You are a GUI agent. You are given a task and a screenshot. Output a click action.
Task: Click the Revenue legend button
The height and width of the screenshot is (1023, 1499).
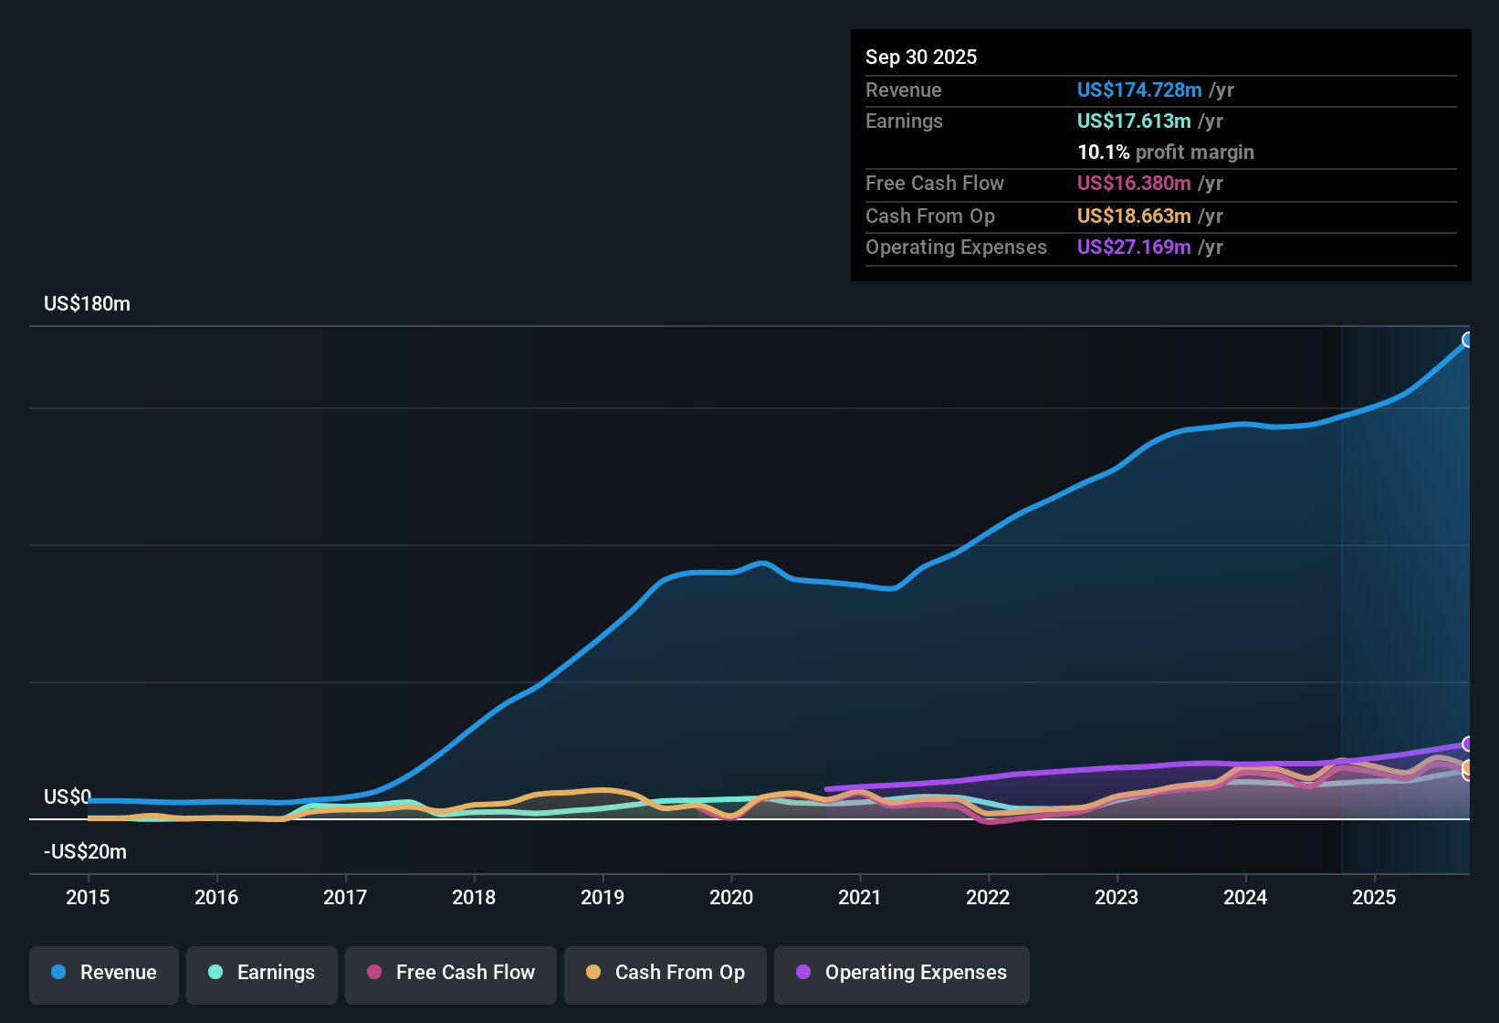(104, 973)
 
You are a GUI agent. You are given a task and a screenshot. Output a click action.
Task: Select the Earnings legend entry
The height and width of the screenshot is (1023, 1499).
(261, 973)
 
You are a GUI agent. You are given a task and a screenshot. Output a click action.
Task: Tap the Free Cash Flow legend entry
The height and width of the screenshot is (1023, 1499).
(450, 973)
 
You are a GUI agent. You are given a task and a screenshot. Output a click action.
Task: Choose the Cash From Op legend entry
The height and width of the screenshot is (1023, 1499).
(665, 973)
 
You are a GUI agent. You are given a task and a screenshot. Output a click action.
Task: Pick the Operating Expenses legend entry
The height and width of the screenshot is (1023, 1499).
(901, 973)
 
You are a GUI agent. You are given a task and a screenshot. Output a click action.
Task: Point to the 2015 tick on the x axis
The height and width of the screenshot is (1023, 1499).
(88, 897)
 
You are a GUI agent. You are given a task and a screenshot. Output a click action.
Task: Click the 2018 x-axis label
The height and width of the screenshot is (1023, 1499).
(474, 897)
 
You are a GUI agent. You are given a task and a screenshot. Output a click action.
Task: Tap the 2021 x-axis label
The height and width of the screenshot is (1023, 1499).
(860, 897)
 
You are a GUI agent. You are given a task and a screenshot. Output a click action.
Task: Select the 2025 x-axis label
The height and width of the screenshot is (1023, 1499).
(1374, 897)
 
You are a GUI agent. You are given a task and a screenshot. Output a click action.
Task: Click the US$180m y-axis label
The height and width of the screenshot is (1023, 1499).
(87, 304)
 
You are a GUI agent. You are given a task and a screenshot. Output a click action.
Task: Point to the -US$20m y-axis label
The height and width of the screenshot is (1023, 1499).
(85, 852)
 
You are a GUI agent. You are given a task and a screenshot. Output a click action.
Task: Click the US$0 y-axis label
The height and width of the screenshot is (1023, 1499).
(68, 797)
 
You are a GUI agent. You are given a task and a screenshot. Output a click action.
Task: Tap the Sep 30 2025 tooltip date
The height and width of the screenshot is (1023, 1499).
(920, 57)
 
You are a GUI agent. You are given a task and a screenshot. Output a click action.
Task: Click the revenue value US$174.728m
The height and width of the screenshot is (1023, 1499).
(1138, 90)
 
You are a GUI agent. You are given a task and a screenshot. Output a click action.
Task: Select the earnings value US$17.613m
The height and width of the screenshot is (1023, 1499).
(1133, 121)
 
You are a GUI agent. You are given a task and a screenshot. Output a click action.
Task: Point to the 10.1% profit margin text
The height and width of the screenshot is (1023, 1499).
(1165, 152)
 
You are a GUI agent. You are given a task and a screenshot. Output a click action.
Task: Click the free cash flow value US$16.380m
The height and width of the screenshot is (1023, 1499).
(1133, 183)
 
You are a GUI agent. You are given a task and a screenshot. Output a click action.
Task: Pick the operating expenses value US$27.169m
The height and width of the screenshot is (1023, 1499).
(1133, 247)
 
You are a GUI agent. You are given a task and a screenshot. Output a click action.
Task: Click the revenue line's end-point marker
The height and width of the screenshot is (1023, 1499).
(1468, 340)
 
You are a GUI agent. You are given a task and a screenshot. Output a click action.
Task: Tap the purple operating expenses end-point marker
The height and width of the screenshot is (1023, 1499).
(1468, 744)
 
